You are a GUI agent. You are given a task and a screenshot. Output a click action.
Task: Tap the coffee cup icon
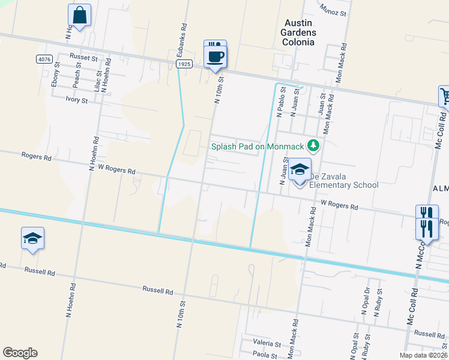click(216, 57)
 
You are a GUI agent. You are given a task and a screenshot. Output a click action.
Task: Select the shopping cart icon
click(445, 95)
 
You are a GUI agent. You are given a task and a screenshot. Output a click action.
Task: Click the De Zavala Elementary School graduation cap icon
click(300, 170)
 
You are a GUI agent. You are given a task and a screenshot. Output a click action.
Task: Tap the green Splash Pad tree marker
click(312, 146)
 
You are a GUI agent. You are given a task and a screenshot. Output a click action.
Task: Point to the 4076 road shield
click(44, 59)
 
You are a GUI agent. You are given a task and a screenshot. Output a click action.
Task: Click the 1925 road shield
click(184, 63)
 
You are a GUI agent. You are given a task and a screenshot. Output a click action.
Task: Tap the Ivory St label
click(77, 100)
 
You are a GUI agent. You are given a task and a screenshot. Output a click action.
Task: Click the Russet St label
click(83, 57)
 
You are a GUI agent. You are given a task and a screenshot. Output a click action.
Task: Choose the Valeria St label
click(267, 344)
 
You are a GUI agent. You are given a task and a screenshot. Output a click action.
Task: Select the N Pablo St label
click(280, 104)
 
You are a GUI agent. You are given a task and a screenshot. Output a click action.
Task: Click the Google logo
click(20, 353)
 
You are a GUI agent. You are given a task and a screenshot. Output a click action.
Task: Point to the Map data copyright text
click(422, 355)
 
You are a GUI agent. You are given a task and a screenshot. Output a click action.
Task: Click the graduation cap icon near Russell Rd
click(32, 239)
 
